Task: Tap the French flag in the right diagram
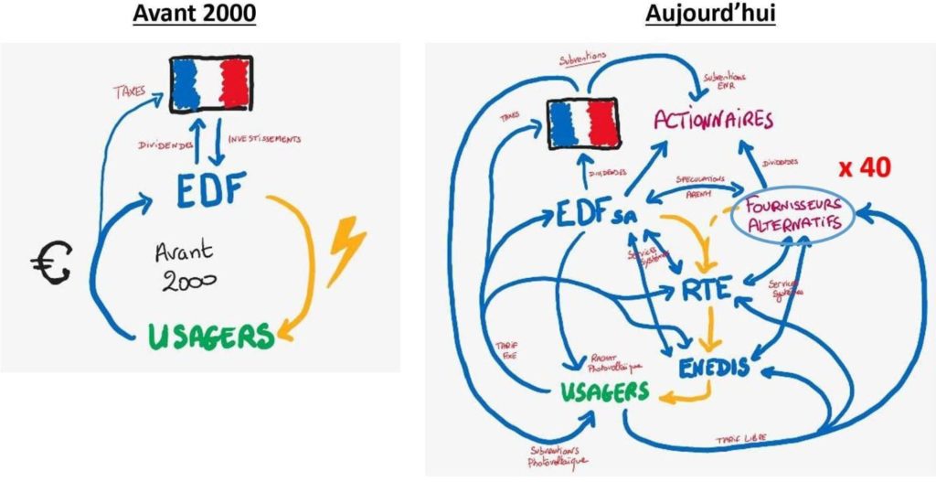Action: (x=583, y=123)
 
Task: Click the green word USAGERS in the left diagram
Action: (x=213, y=335)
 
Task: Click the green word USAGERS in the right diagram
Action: (x=604, y=391)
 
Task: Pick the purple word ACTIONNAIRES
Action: (x=713, y=120)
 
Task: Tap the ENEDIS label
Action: (x=716, y=367)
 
